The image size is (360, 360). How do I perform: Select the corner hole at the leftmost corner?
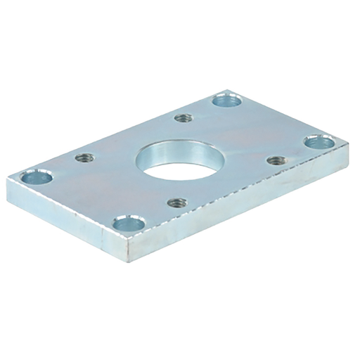34,177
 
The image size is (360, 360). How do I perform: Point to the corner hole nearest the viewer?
128,225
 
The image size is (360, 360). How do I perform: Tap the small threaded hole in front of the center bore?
176,203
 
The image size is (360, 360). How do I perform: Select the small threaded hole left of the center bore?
84,157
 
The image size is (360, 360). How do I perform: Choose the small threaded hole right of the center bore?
275,160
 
